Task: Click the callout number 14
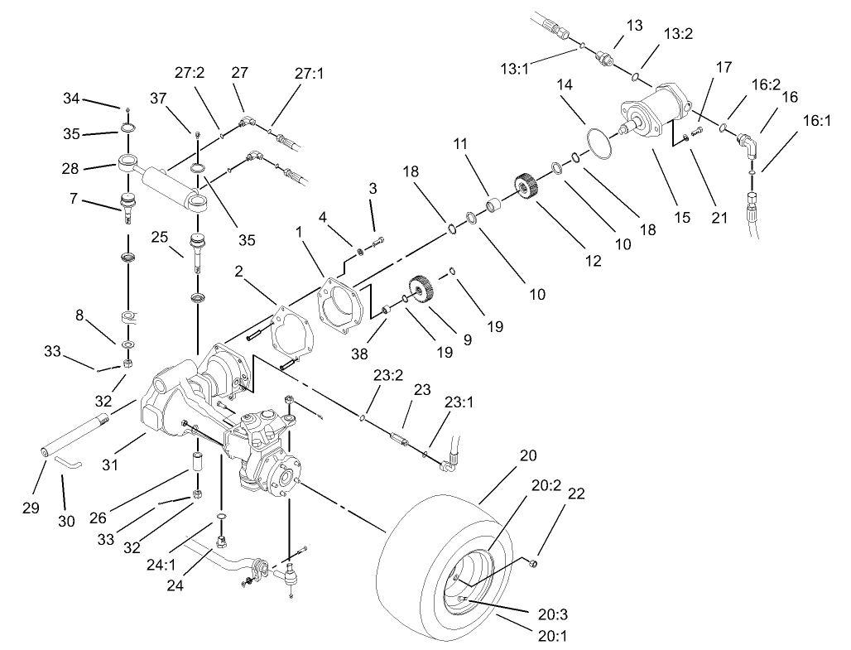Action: click(x=565, y=85)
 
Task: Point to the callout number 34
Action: click(x=72, y=99)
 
